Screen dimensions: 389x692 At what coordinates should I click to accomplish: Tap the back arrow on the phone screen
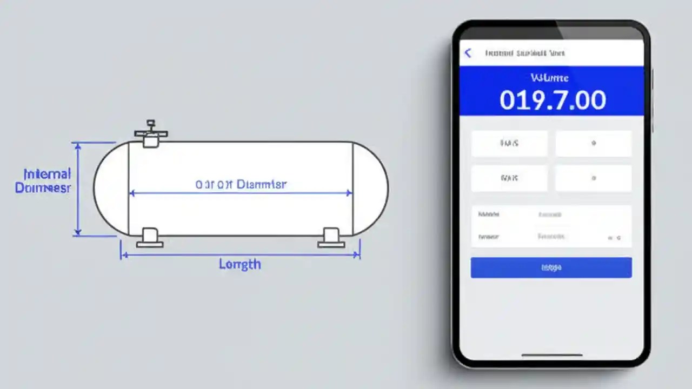(468, 53)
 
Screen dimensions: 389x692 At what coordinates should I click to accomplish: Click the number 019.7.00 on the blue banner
(552, 100)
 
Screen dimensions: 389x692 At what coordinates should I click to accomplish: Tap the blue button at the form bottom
(551, 267)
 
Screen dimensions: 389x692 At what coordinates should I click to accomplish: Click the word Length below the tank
(239, 264)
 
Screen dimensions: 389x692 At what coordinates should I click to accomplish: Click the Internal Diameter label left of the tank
(43, 181)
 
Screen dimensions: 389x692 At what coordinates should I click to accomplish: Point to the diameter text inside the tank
(241, 184)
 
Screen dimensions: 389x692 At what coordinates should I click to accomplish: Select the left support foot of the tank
(150, 238)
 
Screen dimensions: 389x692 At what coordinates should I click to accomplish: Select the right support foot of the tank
(331, 238)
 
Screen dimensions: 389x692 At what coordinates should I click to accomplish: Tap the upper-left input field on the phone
(509, 144)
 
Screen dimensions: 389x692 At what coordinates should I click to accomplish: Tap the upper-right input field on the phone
(593, 144)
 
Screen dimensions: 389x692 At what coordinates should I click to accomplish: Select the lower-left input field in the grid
(509, 178)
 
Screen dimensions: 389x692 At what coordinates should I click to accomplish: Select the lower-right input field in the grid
(593, 178)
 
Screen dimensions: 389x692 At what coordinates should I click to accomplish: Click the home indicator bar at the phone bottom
(551, 355)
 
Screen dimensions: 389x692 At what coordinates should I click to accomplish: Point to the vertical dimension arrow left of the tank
(78, 189)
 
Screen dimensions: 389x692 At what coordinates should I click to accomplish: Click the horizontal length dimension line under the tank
(239, 254)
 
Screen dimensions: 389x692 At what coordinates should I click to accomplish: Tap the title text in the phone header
(524, 53)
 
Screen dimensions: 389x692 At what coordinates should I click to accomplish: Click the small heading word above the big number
(549, 78)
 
